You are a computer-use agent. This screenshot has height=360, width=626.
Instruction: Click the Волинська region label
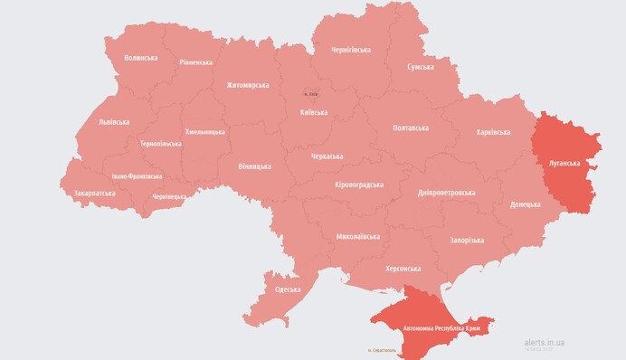(140, 58)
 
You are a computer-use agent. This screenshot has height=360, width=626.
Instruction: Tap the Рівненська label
(195, 62)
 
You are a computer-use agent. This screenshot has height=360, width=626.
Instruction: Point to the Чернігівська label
(352, 52)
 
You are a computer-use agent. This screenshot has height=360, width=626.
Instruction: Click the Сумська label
(420, 67)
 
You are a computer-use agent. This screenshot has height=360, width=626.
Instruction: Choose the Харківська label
(493, 133)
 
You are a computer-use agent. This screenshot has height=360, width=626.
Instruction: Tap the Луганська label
(564, 164)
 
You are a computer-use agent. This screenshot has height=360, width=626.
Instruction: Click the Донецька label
(525, 204)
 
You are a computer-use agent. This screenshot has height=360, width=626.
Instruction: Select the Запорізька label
(467, 240)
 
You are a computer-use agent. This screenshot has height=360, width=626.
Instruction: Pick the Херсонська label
(403, 269)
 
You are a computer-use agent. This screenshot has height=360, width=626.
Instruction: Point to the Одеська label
(289, 289)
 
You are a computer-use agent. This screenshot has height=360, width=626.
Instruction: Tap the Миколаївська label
(357, 236)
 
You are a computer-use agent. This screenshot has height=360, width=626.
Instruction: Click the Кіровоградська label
(359, 185)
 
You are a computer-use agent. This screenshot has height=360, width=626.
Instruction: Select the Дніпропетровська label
(447, 193)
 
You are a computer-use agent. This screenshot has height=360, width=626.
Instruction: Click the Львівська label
(113, 122)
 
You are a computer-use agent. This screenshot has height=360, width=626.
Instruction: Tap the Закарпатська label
(94, 193)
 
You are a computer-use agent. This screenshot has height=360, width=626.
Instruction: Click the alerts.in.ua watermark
(545, 343)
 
